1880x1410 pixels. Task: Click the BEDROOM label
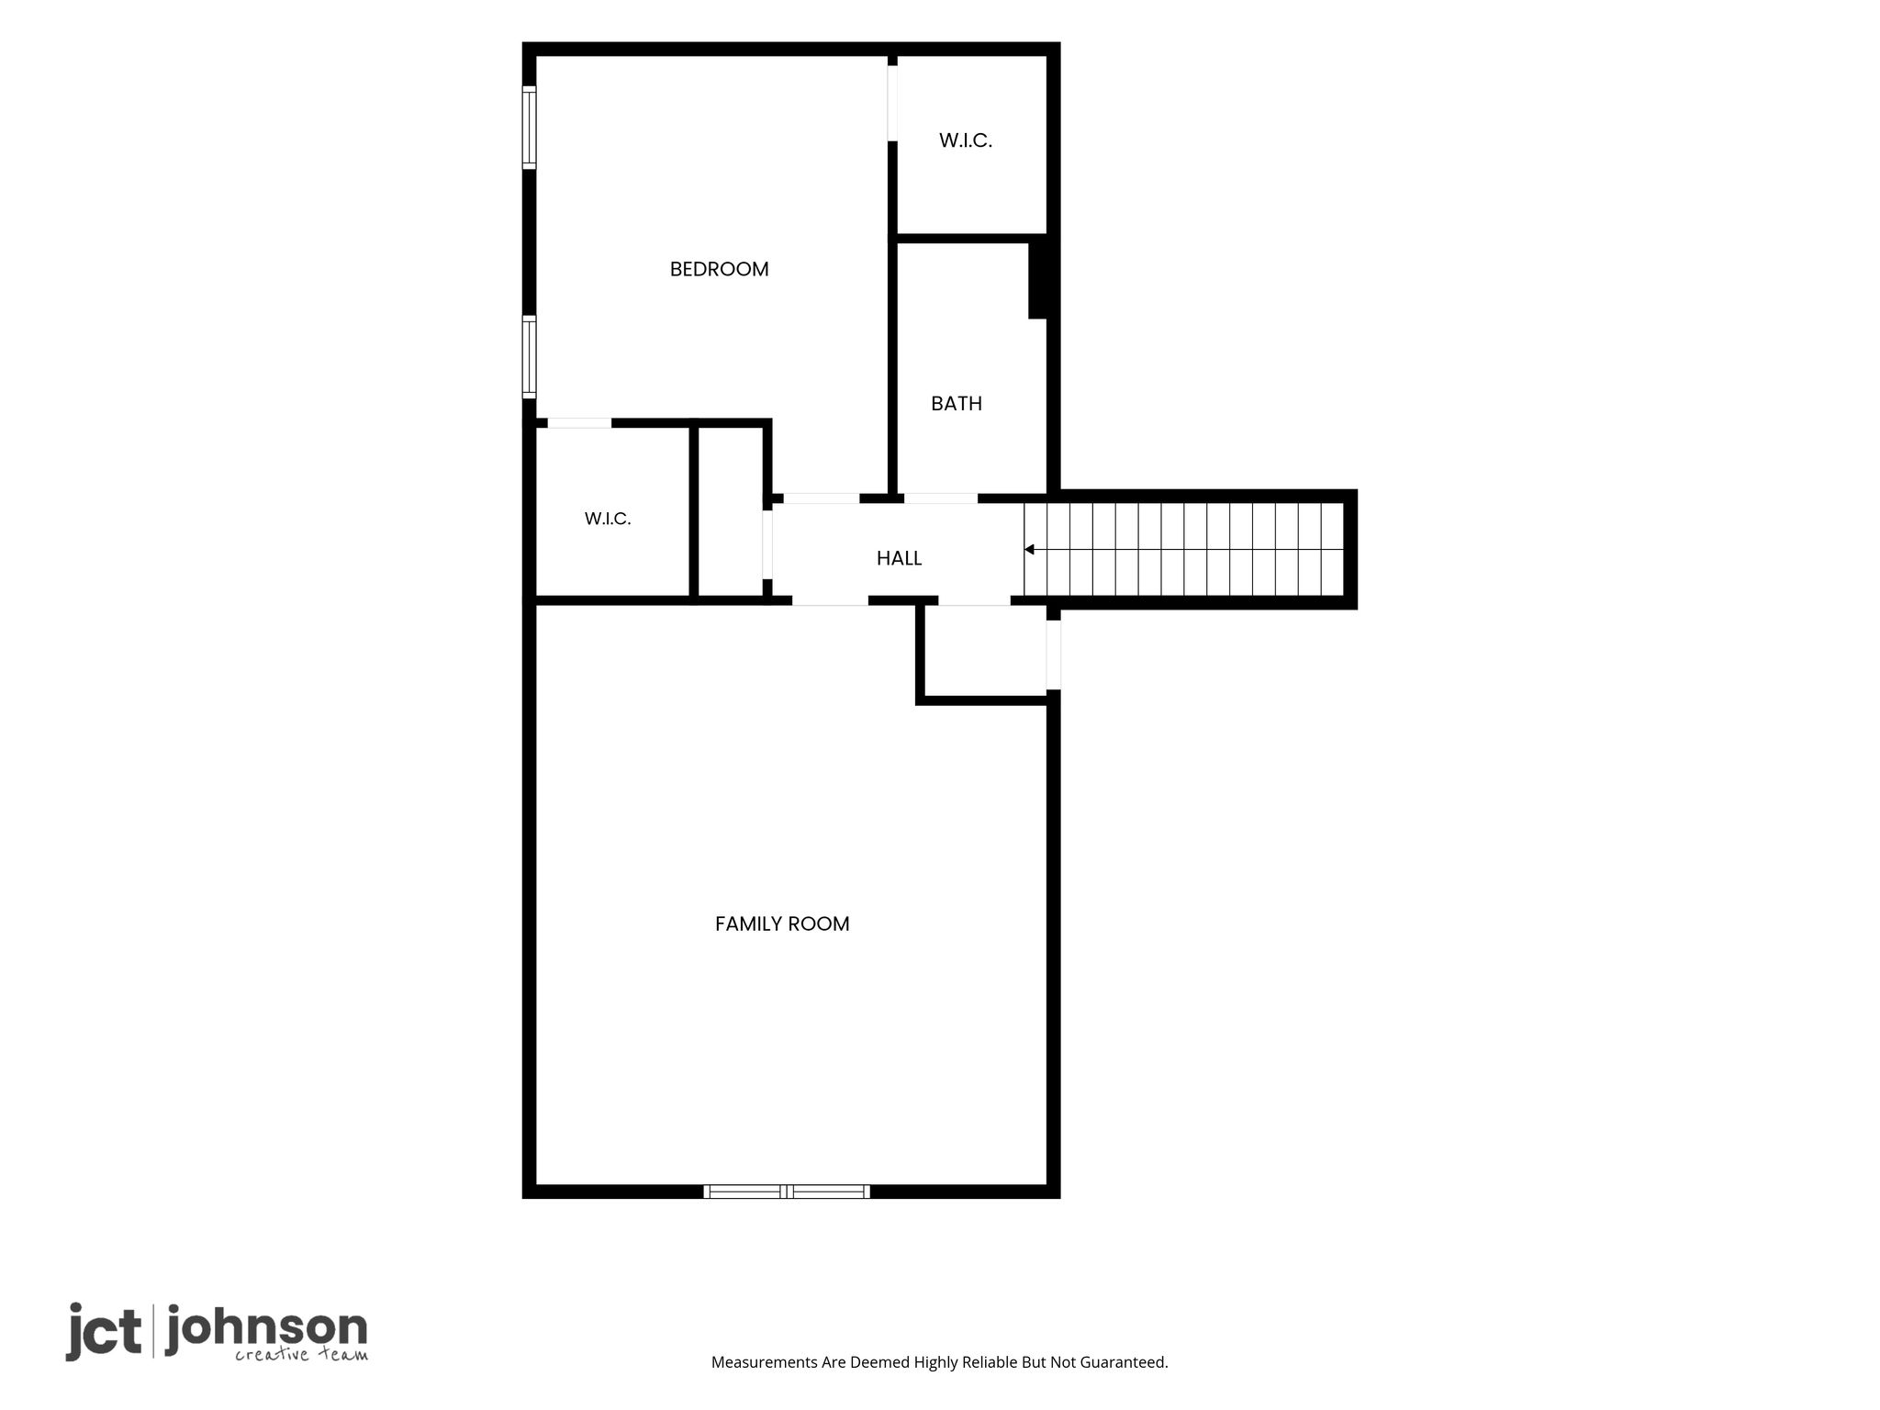pos(719,269)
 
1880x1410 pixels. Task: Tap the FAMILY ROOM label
pos(782,923)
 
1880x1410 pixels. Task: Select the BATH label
pos(957,403)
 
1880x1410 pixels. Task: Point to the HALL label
pos(899,558)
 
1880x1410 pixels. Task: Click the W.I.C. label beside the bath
pos(966,140)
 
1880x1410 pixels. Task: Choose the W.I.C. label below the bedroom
pos(608,519)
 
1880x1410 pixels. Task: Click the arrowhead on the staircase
pos(1030,550)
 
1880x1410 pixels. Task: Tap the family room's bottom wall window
pos(787,1192)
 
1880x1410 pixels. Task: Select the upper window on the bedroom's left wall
pos(529,128)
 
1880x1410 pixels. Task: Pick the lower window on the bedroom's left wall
pos(529,357)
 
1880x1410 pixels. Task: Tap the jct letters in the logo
pos(103,1331)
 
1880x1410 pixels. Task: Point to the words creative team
pos(301,1355)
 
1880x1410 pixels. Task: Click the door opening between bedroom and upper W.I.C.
pos(892,103)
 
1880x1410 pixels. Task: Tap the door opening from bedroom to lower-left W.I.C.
pos(579,423)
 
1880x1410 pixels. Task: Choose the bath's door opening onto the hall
pos(941,498)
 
